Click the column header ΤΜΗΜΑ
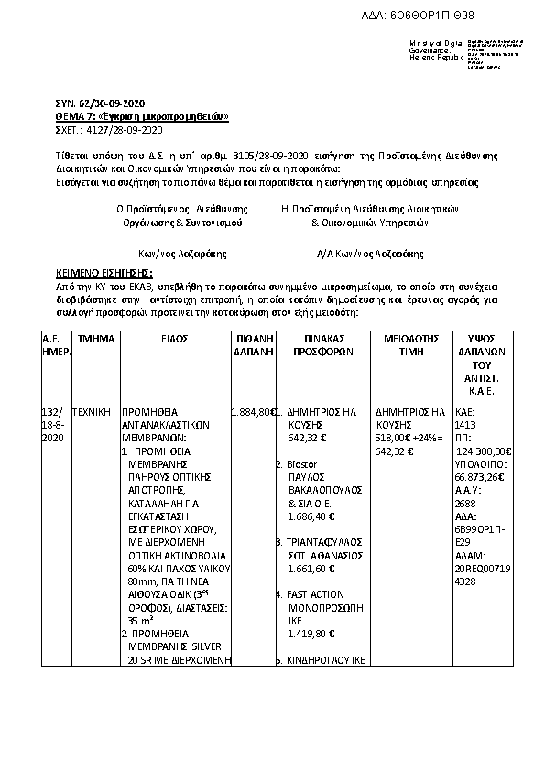point(96,339)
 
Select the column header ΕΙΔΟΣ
point(175,339)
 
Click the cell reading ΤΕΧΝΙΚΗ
point(94,412)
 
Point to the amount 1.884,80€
point(255,412)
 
